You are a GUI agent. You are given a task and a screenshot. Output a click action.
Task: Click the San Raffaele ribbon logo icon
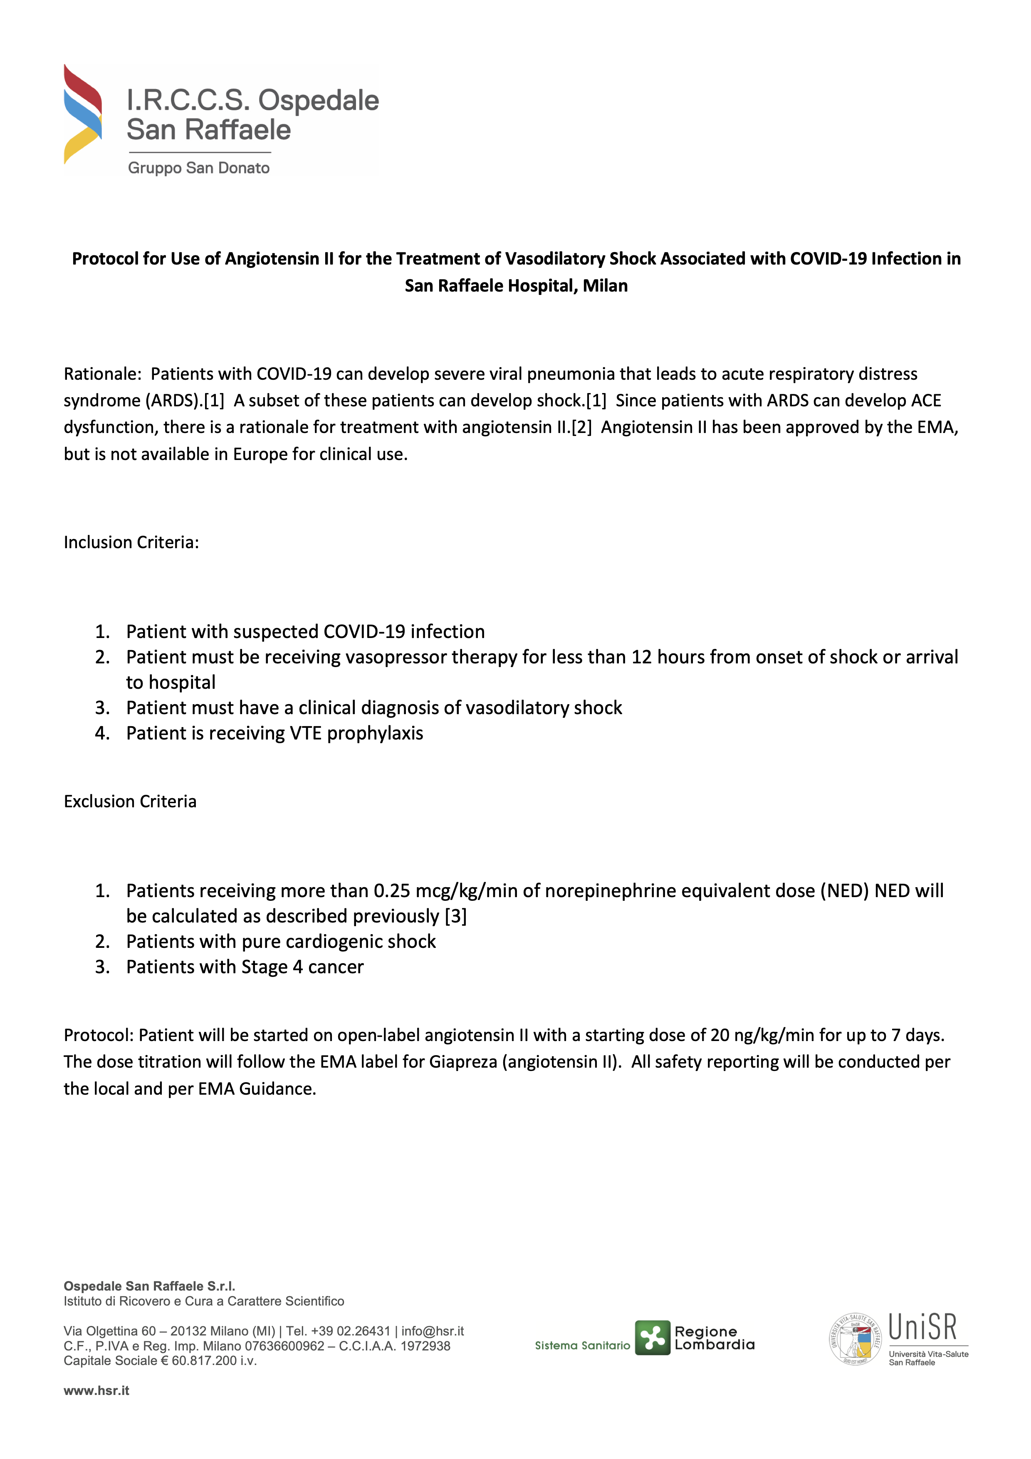pyautogui.click(x=83, y=114)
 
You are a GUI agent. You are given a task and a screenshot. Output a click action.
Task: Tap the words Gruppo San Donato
pyautogui.click(x=199, y=168)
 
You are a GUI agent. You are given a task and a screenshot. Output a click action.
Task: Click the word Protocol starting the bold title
pyautogui.click(x=105, y=259)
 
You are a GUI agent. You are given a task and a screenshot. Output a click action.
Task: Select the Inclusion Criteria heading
pyautogui.click(x=131, y=542)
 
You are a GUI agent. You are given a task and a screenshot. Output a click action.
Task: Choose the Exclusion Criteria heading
pyautogui.click(x=130, y=801)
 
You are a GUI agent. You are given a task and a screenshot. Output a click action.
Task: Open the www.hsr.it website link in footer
pyautogui.click(x=96, y=1390)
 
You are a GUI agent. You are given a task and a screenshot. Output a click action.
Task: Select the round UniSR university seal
pyautogui.click(x=855, y=1339)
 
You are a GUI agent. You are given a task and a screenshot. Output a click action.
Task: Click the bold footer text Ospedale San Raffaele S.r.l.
pyautogui.click(x=149, y=1286)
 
